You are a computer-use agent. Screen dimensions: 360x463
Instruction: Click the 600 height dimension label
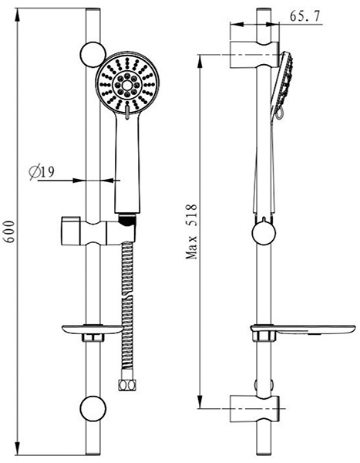point(11,231)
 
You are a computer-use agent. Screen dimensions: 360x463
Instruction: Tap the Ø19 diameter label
point(42,173)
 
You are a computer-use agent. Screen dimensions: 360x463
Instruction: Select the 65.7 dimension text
point(304,16)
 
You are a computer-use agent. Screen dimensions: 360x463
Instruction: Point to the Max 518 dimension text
point(191,231)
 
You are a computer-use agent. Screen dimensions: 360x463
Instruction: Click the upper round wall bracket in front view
point(93,55)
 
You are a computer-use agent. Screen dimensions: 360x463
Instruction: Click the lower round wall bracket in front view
point(93,408)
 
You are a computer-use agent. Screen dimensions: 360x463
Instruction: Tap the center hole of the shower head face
point(127,86)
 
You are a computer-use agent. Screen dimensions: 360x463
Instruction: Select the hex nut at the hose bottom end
point(127,385)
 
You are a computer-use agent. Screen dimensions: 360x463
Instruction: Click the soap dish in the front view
point(92,330)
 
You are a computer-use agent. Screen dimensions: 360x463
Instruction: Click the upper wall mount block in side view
point(254,55)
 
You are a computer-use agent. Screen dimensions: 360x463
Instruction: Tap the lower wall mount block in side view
point(254,409)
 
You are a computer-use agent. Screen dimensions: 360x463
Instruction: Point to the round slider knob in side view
point(264,233)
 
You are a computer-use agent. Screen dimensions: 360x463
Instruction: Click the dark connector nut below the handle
point(127,221)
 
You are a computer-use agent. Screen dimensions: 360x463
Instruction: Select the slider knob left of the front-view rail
point(71,231)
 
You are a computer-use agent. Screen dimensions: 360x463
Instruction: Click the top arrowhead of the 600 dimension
point(18,15)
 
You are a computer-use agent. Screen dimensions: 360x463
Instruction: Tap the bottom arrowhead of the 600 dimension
point(18,448)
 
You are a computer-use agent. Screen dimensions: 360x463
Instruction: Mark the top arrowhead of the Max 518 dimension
point(200,62)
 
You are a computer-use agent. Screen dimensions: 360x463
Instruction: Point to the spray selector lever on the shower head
point(127,112)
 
